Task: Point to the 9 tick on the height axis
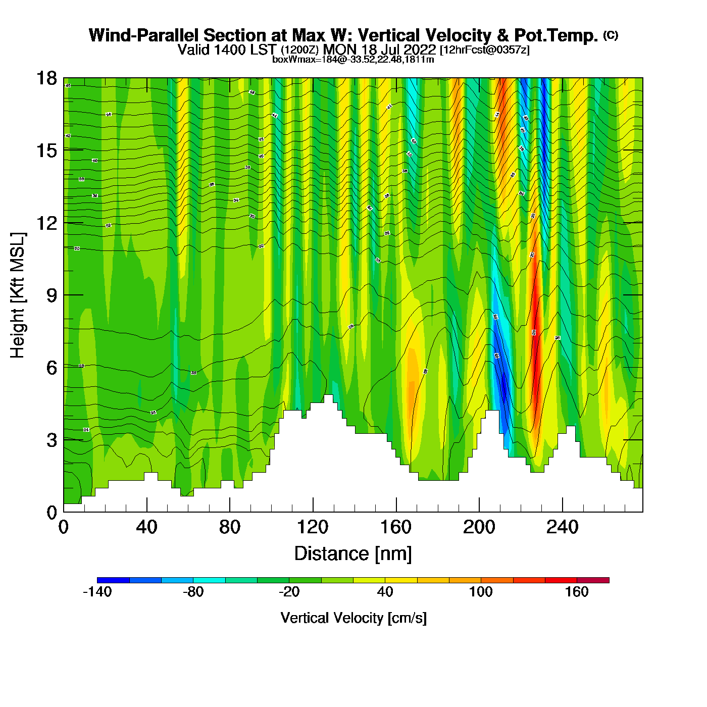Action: point(64,295)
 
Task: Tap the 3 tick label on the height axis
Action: point(52,440)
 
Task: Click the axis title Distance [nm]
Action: point(353,554)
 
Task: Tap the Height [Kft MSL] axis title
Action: point(18,295)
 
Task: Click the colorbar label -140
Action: point(97,592)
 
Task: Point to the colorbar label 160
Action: point(577,592)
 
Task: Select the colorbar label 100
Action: point(481,592)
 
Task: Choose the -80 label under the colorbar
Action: point(193,592)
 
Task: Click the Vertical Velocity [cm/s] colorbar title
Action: point(353,618)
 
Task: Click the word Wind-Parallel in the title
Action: point(144,35)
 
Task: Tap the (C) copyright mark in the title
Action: point(611,35)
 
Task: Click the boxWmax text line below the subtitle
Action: point(353,60)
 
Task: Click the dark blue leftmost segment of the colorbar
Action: point(113,580)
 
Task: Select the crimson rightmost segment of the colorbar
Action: point(593,580)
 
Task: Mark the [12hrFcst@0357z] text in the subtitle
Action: point(485,50)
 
